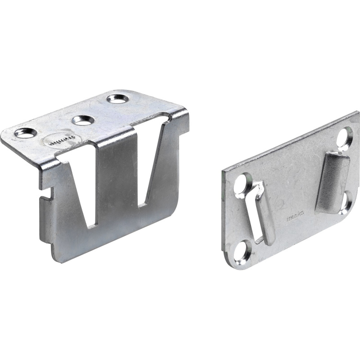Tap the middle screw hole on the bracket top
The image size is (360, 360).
[83, 120]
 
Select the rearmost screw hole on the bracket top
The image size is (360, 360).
[118, 99]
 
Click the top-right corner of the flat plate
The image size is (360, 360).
[358, 113]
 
